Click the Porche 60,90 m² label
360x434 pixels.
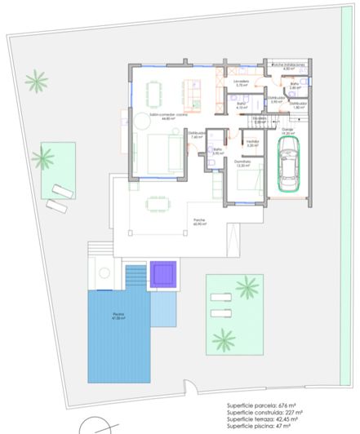[x=199, y=223]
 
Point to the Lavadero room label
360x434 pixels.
[x=240, y=83]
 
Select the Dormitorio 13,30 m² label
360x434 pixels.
[x=242, y=163]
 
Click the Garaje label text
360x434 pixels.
[x=287, y=131]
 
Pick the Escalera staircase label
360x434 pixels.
[x=259, y=122]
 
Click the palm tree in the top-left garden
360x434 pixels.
[x=36, y=82]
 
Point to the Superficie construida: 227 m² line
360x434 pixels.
[x=263, y=412]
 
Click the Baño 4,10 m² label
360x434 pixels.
[x=242, y=105]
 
